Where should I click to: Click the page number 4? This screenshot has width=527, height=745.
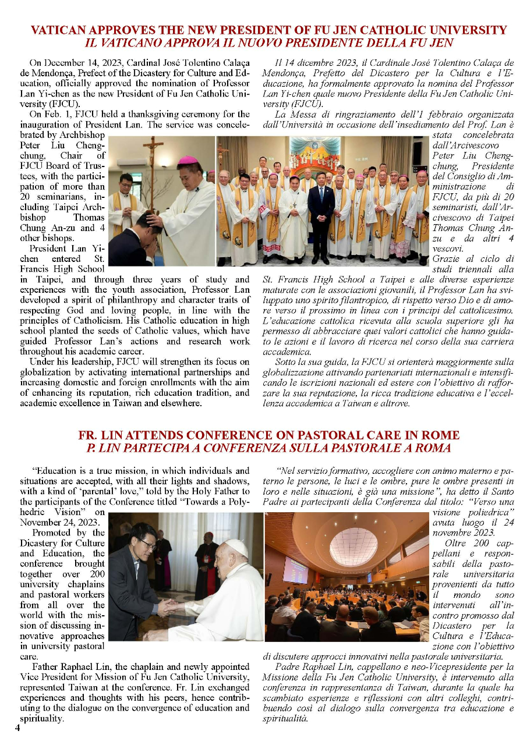(17, 726)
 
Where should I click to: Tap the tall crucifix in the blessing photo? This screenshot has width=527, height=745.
(154, 169)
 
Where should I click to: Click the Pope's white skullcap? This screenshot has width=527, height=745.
(235, 544)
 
